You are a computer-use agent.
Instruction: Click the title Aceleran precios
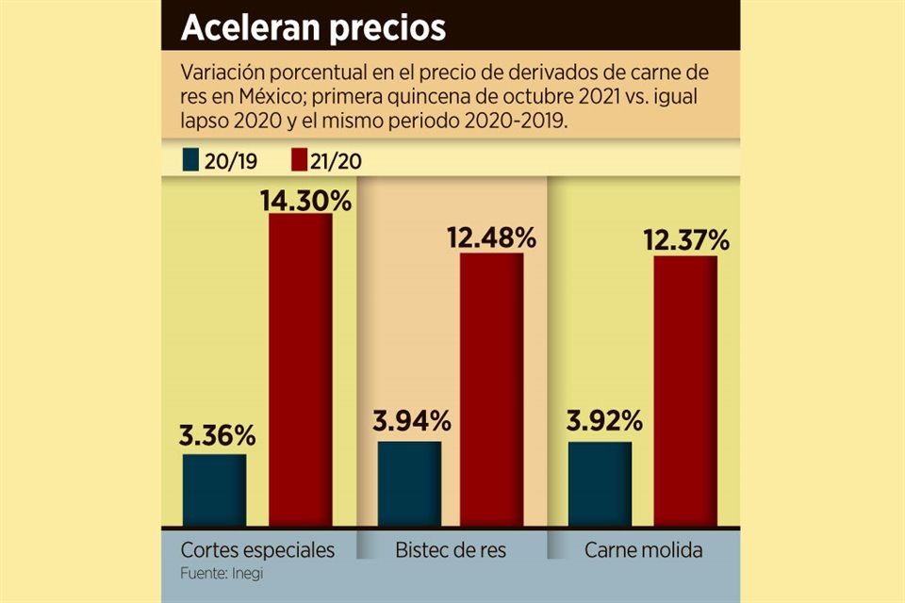coord(313,27)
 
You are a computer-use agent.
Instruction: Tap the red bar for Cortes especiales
coord(301,370)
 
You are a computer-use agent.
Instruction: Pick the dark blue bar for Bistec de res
coord(409,483)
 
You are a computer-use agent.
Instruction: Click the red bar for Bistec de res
coord(491,389)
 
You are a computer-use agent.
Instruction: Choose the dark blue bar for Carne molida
coord(601,483)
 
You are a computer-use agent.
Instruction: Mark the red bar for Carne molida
coord(685,391)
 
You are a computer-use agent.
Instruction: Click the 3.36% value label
coord(217,436)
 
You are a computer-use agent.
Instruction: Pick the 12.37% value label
coord(685,240)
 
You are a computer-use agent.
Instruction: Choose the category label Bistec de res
coord(450,549)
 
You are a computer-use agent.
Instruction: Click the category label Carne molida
coord(644,549)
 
